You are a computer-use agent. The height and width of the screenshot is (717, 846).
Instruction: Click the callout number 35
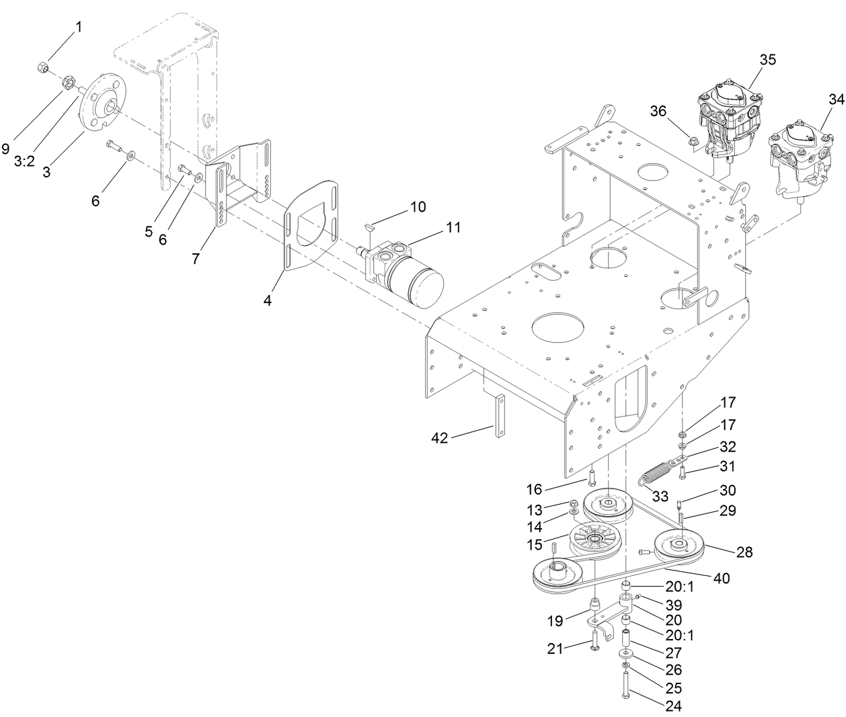point(767,59)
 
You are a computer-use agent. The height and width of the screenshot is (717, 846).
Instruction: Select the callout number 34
point(835,99)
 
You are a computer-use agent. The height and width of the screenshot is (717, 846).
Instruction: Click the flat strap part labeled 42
point(499,416)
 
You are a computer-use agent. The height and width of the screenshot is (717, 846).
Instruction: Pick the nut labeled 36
point(692,140)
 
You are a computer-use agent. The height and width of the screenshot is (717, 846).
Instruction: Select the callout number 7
point(195,258)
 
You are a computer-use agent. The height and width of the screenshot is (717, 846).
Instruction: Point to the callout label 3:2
point(24,162)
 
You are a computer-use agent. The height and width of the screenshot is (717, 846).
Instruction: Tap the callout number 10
point(418,207)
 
